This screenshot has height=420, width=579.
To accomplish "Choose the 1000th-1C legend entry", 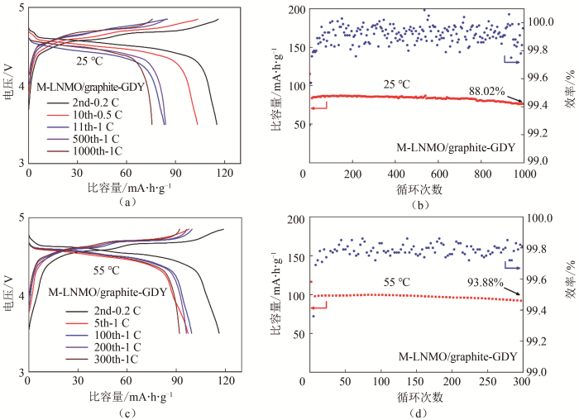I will coord(93,151).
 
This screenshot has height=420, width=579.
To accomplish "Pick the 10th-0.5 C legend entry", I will coord(93,113).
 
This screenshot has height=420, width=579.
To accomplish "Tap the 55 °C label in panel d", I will coord(399,282).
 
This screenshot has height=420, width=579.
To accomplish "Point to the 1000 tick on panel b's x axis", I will coord(522,174).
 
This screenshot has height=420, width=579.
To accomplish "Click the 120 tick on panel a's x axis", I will coord(222,174).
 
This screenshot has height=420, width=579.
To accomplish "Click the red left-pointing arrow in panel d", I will coord(319,306).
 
